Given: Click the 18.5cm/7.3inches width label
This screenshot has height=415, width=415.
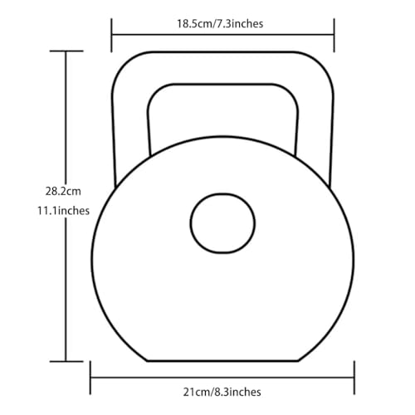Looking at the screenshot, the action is click(x=220, y=24).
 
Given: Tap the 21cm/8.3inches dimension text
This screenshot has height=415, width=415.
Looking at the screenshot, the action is click(x=222, y=392).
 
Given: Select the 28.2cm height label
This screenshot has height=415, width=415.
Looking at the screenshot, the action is click(x=63, y=191).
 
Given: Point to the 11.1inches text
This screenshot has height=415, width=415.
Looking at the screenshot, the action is click(x=63, y=211).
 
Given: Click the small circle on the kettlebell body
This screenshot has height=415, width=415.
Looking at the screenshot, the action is click(x=222, y=223).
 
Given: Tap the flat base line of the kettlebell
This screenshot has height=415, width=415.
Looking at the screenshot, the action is click(x=222, y=361).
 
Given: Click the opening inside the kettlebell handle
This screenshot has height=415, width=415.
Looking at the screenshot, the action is click(x=222, y=116).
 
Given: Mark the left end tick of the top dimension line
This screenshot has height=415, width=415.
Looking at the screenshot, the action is click(x=111, y=35).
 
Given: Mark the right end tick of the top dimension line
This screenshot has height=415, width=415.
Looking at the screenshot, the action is click(x=334, y=35).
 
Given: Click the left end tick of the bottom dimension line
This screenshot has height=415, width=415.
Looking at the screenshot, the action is click(x=90, y=378).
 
